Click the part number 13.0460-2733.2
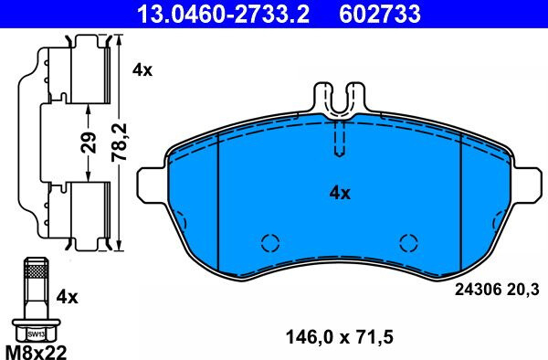click(x=223, y=14)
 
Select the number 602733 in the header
click(x=380, y=14)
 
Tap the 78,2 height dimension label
click(x=119, y=143)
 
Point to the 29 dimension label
click(x=89, y=143)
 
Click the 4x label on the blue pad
click(x=340, y=193)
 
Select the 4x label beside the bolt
click(x=68, y=298)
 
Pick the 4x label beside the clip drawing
click(x=142, y=70)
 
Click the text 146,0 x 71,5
click(x=340, y=337)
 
